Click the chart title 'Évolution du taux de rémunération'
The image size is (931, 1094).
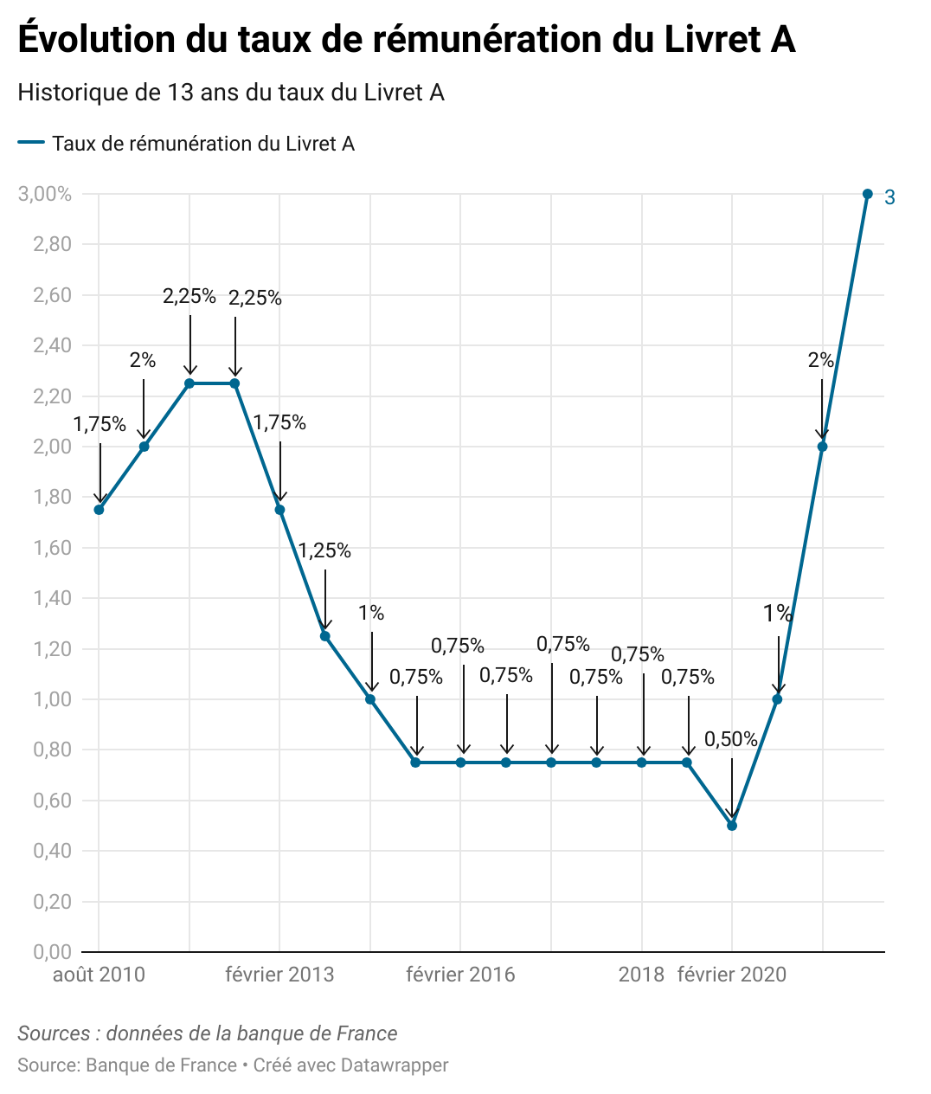point(406,40)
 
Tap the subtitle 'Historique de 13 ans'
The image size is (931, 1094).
point(231,93)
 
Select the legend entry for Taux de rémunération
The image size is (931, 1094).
point(202,144)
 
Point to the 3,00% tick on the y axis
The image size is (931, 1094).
point(45,194)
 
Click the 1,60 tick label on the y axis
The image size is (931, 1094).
point(52,548)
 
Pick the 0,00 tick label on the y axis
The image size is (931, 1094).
point(52,952)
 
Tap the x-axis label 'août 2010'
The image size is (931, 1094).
point(99,975)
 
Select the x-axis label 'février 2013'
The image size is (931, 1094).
point(279,975)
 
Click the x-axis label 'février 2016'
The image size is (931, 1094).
point(460,975)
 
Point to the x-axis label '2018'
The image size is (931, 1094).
point(641,975)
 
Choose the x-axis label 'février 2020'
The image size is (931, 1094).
point(732,975)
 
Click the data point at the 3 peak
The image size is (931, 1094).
point(868,194)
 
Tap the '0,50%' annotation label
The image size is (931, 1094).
point(731,739)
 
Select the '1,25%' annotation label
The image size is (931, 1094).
point(324,550)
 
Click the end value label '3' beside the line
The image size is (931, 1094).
point(889,198)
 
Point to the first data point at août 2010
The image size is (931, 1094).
point(99,510)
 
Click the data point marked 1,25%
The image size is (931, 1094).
point(325,636)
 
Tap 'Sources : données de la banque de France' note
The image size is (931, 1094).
point(208,1033)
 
